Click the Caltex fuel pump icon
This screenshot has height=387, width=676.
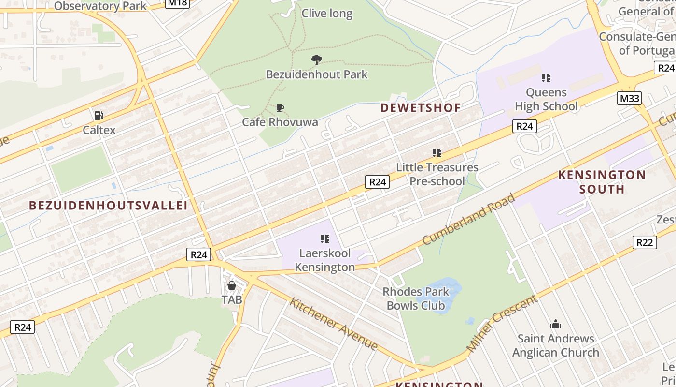coord(99,116)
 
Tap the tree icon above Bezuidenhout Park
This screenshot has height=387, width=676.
coord(317,60)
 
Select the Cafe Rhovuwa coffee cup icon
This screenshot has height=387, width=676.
coord(280,108)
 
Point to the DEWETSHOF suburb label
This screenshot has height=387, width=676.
coord(420,108)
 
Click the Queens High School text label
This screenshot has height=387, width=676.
coord(546,99)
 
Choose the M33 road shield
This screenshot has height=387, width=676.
coord(629,99)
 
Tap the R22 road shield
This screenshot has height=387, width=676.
coord(645,242)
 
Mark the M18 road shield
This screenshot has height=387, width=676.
coord(177,3)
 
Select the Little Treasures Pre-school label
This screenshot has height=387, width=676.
coord(437,174)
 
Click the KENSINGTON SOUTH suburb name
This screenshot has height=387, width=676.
coord(602,182)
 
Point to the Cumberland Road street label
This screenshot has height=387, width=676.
coord(469,219)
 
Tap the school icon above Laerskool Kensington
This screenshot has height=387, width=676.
coord(325,238)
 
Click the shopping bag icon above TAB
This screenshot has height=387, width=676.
coord(232,285)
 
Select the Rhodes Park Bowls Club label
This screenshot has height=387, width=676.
coord(416,298)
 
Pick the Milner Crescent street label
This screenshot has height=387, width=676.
coord(502,323)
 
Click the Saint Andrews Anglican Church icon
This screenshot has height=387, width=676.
coord(556,324)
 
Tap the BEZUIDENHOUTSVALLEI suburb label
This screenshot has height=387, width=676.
coord(108,206)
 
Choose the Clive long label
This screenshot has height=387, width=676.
coord(327,14)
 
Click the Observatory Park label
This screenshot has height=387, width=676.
coord(100,6)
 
